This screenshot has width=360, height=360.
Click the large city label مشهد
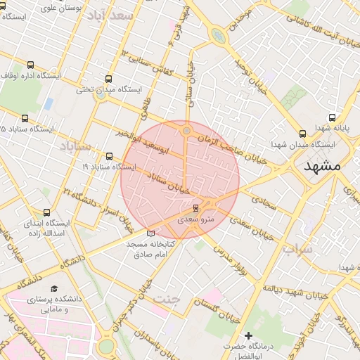[323, 166]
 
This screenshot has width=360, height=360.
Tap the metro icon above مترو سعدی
[195, 207]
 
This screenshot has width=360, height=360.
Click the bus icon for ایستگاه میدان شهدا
[302, 134]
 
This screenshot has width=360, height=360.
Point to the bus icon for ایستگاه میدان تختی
[108, 79]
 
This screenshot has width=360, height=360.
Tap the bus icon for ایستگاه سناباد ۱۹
[108, 157]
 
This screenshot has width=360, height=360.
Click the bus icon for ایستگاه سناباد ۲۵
[25, 119]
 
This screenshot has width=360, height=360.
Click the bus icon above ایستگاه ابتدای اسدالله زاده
[47, 212]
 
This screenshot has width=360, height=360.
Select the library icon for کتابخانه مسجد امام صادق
[150, 233]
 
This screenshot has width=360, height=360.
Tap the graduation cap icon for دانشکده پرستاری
[54, 288]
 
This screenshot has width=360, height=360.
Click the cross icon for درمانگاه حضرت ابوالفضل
[247, 336]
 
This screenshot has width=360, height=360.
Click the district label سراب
[297, 249]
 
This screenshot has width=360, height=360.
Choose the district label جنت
[167, 299]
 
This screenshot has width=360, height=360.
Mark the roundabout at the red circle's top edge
[186, 130]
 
